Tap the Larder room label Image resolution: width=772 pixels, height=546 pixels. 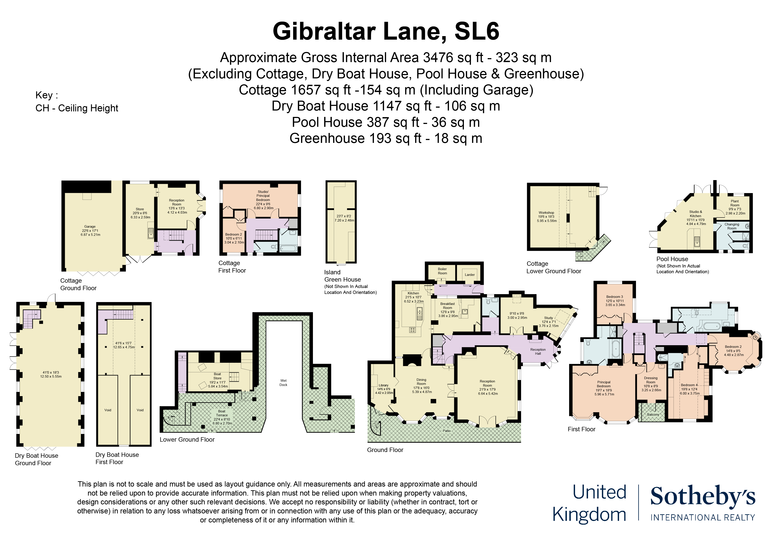(470, 275)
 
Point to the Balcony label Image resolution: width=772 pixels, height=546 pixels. (653, 415)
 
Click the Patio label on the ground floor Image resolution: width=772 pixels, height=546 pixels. (447, 431)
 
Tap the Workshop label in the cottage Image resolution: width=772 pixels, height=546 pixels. (546, 213)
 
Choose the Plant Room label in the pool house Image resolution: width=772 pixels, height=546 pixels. (735, 203)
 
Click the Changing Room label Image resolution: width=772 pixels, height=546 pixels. (732, 226)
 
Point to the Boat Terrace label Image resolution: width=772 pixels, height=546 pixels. (222, 413)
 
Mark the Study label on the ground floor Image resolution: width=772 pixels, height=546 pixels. (548, 318)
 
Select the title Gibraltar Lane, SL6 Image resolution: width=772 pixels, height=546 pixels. (386, 31)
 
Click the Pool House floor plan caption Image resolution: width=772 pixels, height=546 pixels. (672, 259)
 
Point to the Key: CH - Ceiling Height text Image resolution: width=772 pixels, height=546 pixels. (77, 101)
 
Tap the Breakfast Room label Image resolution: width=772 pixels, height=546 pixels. (448, 306)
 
